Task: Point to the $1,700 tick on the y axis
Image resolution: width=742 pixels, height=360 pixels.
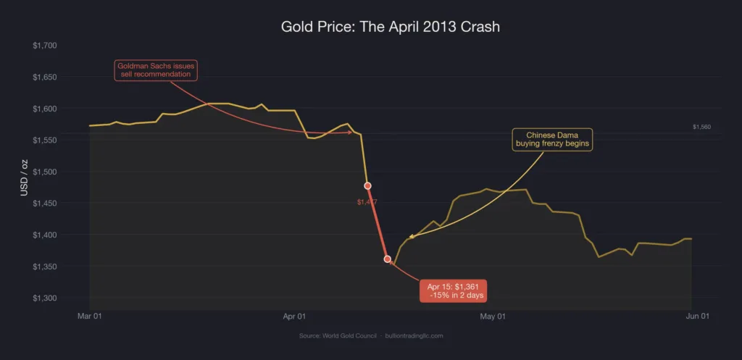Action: point(45,46)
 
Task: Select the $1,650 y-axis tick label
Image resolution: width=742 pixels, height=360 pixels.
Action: point(45,77)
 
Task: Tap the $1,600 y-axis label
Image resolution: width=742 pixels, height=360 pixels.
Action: point(45,109)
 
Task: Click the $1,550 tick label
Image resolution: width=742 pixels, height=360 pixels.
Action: point(45,140)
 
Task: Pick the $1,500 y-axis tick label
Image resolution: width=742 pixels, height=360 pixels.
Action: point(45,172)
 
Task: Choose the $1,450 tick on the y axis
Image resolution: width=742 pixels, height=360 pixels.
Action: point(45,204)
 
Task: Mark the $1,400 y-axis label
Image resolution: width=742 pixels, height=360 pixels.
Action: point(45,235)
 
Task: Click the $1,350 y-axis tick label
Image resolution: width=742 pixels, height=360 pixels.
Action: point(45,267)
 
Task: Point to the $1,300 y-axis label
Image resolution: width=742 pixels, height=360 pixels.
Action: point(45,298)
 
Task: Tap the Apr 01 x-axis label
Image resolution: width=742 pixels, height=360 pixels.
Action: point(293,317)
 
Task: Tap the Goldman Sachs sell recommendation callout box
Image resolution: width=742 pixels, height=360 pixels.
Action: point(156,70)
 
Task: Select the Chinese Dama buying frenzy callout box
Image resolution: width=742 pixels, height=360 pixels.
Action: point(553,139)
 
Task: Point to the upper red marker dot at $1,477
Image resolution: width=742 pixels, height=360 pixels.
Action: point(367,186)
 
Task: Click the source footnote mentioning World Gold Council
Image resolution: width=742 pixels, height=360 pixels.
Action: point(371,336)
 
